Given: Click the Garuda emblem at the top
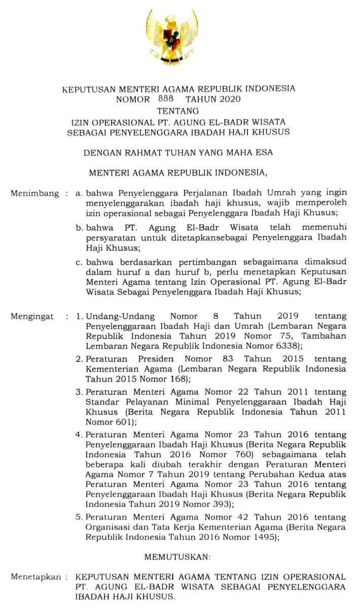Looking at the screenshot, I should coord(171,37).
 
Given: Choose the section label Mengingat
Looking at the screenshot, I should coord(32,316).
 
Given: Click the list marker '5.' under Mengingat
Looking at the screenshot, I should coord(80,517).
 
